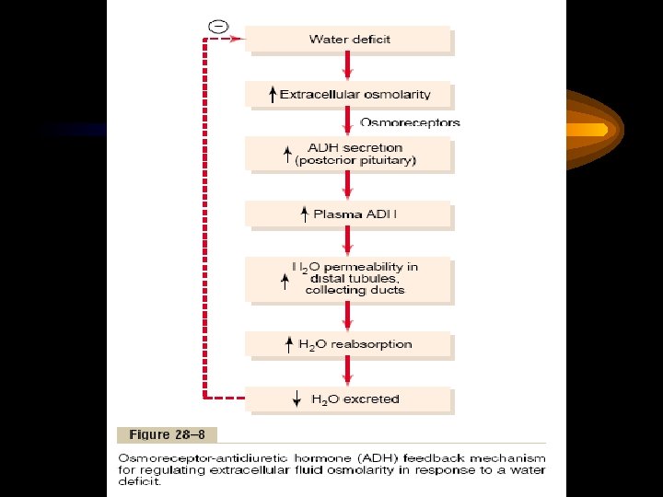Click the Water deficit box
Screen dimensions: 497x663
349,40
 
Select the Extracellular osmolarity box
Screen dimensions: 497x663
349,94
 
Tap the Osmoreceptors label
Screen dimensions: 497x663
410,122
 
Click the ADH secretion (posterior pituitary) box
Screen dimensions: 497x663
349,154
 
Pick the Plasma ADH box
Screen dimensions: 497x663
349,214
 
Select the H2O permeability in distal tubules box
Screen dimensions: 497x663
349,279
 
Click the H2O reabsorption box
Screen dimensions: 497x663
349,344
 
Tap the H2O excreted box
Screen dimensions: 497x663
349,399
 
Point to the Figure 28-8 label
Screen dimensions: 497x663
166,434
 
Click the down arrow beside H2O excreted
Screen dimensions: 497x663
296,399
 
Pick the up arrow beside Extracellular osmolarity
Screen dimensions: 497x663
272,94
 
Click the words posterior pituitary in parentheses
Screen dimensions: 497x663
355,160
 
